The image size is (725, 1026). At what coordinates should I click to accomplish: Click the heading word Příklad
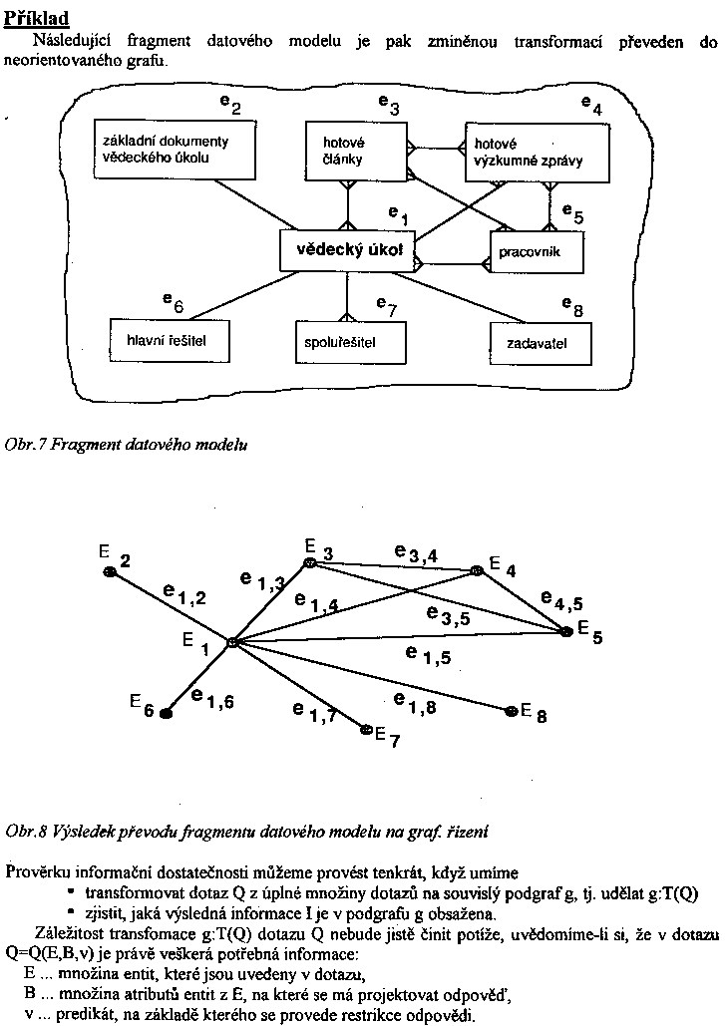(37, 20)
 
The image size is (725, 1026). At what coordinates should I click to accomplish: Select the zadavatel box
(540, 344)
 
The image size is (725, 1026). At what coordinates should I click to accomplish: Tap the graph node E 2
(111, 571)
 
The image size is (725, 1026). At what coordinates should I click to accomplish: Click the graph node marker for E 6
(167, 713)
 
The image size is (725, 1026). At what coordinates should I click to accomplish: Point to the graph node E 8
(512, 710)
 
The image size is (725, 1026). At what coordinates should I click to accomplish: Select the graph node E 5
(566, 629)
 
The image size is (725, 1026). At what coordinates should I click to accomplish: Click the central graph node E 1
(231, 643)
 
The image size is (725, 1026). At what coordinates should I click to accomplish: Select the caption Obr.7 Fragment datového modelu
(126, 445)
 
